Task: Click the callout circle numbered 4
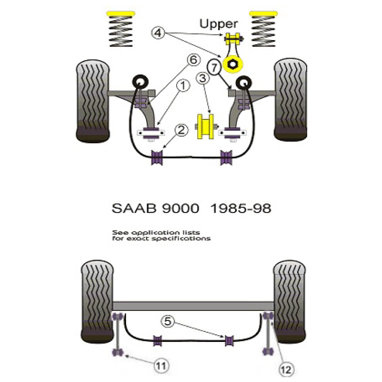(158, 32)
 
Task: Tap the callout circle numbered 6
(194, 60)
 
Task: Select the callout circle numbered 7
(214, 67)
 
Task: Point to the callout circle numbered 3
(202, 78)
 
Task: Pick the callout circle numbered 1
(183, 85)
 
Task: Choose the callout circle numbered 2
(181, 130)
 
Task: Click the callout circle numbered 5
(168, 321)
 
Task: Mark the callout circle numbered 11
(161, 366)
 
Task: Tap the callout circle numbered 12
(286, 370)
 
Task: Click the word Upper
(219, 24)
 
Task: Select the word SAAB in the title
(134, 209)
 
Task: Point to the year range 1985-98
(241, 209)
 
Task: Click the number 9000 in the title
(180, 209)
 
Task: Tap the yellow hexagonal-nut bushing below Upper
(233, 64)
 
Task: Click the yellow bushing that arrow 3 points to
(205, 127)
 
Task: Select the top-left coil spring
(121, 29)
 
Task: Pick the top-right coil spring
(264, 29)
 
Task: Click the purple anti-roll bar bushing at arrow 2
(157, 158)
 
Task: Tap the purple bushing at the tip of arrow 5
(229, 340)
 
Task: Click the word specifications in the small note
(181, 238)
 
